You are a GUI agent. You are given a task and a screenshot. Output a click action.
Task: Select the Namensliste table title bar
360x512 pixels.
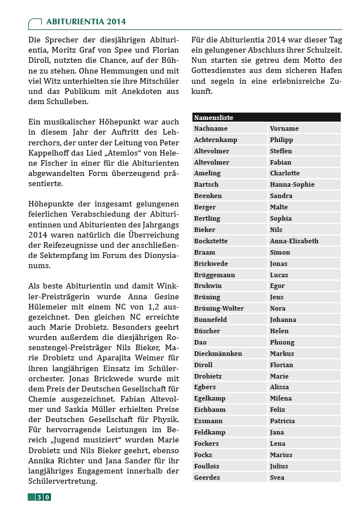[x=266, y=118]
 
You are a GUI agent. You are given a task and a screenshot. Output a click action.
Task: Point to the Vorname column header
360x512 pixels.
[x=284, y=128]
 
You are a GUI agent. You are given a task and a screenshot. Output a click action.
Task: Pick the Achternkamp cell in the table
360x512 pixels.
[x=215, y=140]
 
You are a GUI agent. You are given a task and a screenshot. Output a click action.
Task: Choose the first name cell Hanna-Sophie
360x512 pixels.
[x=292, y=184]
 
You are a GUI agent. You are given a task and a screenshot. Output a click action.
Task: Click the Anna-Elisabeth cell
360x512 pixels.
[x=294, y=241]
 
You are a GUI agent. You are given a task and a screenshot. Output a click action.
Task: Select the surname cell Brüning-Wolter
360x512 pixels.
[x=219, y=308]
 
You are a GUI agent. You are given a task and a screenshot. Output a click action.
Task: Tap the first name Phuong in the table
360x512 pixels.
[x=282, y=342]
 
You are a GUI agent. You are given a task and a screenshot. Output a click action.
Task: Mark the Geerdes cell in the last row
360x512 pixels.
[x=207, y=477]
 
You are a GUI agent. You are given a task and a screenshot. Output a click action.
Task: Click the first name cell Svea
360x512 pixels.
[x=277, y=477]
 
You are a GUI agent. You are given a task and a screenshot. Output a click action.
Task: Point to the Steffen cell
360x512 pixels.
[x=281, y=151]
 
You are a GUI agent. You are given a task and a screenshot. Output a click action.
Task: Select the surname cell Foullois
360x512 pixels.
[x=207, y=466]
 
